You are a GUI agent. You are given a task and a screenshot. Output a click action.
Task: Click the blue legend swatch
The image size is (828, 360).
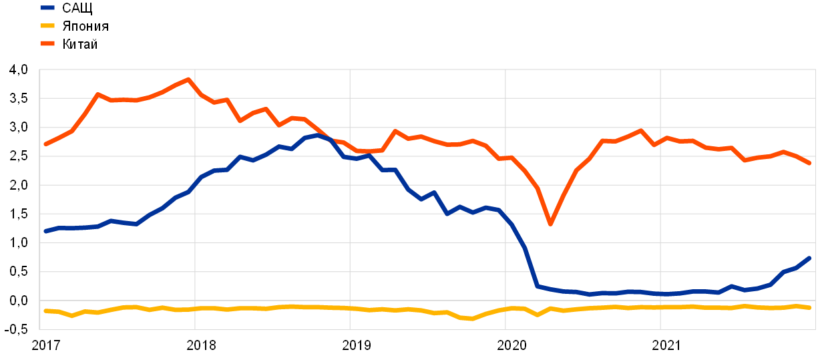click(x=47, y=8)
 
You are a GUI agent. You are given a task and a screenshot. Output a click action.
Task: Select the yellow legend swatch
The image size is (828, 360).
click(x=47, y=25)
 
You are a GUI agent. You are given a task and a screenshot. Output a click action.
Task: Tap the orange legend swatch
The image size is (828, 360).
click(x=47, y=43)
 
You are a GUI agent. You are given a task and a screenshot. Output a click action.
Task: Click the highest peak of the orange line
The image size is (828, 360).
click(x=189, y=79)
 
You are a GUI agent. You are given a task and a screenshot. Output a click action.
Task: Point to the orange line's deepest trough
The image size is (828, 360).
click(x=550, y=224)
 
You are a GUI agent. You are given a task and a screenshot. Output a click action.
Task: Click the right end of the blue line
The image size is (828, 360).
click(x=809, y=258)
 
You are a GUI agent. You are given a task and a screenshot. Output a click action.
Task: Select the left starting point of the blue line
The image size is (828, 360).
click(x=45, y=231)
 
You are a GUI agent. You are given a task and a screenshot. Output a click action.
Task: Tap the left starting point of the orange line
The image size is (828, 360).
click(x=45, y=144)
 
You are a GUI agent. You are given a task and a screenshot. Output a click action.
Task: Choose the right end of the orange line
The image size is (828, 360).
click(x=809, y=163)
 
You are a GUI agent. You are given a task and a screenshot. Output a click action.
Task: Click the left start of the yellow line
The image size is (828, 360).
click(x=45, y=311)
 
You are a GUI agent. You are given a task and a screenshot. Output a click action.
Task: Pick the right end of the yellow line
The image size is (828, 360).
click(x=809, y=307)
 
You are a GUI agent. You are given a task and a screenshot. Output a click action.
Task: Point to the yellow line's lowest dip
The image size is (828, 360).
click(x=472, y=319)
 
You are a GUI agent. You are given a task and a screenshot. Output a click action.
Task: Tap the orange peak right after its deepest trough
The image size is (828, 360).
click(x=640, y=130)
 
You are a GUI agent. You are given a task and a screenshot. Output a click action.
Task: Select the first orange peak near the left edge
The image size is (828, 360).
click(x=98, y=95)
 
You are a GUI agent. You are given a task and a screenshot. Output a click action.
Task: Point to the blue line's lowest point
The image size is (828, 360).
click(x=589, y=294)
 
